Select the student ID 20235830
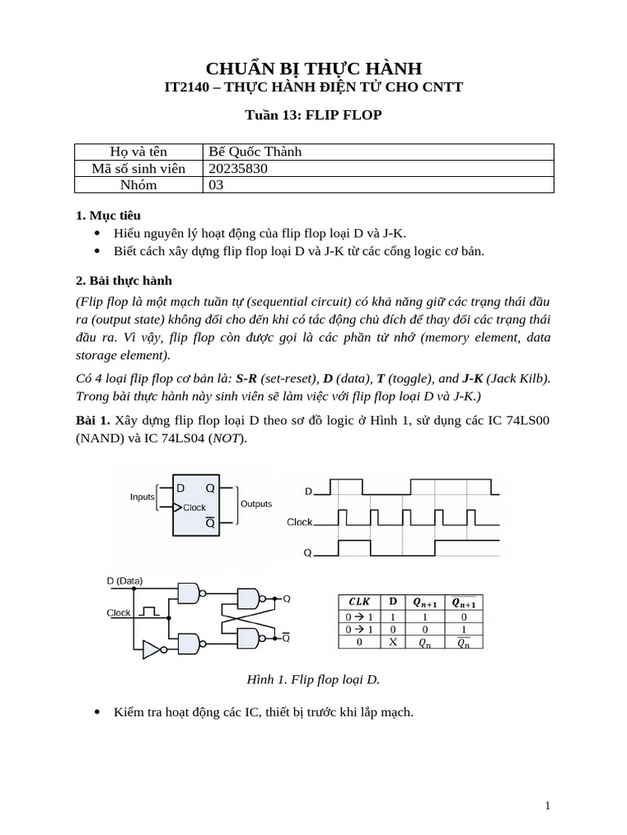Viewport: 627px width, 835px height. (238, 168)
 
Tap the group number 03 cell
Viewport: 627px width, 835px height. (216, 184)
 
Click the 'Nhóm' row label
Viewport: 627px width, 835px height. (139, 184)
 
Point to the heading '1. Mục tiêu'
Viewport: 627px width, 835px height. (108, 215)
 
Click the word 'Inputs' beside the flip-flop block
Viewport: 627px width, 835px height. (142, 497)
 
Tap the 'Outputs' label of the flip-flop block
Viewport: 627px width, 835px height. (256, 504)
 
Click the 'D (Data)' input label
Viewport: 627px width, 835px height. (125, 581)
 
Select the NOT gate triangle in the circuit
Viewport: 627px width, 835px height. (152, 649)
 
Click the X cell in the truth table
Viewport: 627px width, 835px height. (393, 643)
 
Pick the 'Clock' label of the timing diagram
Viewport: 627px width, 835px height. (300, 522)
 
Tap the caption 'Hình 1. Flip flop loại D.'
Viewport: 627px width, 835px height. (313, 679)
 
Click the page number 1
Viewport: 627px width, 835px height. (548, 806)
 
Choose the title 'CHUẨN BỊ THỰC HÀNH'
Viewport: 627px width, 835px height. (313, 68)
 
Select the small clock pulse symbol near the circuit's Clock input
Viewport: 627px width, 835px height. (148, 610)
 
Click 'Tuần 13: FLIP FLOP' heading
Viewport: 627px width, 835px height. (313, 115)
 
